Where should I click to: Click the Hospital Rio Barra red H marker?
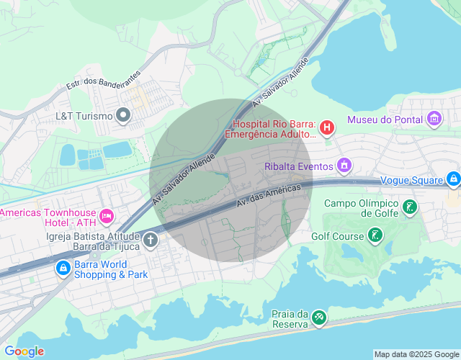(327, 128)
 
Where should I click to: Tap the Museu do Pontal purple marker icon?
(434, 119)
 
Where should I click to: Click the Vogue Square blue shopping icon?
(452, 178)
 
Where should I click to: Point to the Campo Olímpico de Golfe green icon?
(410, 209)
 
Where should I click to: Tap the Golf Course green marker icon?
(375, 235)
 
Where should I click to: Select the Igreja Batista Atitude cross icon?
(151, 240)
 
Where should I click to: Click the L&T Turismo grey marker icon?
(124, 115)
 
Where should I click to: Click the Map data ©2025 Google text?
(416, 354)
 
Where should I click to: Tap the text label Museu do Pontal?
(385, 120)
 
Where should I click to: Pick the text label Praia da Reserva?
(290, 318)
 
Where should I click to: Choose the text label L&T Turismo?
(84, 115)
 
